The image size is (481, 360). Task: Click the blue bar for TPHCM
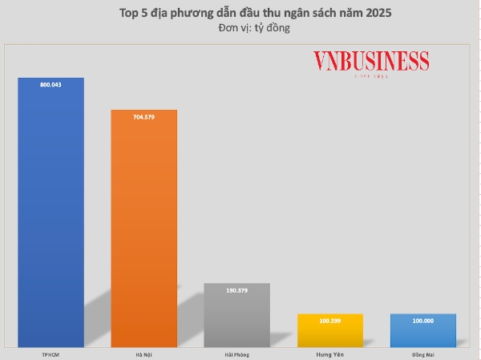(51, 216)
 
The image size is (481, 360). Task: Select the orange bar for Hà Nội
(143, 233)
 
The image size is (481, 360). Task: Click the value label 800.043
(51, 83)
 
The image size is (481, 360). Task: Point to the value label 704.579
(143, 115)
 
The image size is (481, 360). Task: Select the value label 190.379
(236, 289)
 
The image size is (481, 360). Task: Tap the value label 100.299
(329, 320)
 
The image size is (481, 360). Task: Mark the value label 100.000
(423, 320)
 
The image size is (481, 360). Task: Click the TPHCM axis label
(51, 353)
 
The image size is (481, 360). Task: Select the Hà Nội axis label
(143, 353)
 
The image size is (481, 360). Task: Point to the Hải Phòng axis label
(236, 353)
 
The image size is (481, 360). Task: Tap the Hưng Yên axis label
(329, 353)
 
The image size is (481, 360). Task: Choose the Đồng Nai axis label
(423, 353)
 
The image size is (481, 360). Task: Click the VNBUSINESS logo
(370, 63)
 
